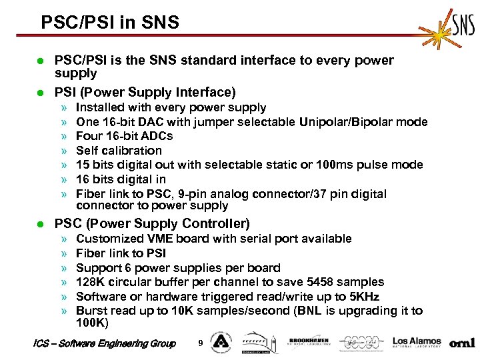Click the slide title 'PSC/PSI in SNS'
[110, 23]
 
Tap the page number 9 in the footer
[201, 343]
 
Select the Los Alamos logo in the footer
[417, 342]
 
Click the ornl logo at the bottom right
[462, 343]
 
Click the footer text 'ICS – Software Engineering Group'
[104, 343]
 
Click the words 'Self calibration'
[119, 151]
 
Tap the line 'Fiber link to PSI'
[121, 253]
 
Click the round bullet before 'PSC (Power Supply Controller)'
[39, 224]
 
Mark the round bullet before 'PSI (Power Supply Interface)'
[39, 92]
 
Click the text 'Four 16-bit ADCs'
[124, 136]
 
